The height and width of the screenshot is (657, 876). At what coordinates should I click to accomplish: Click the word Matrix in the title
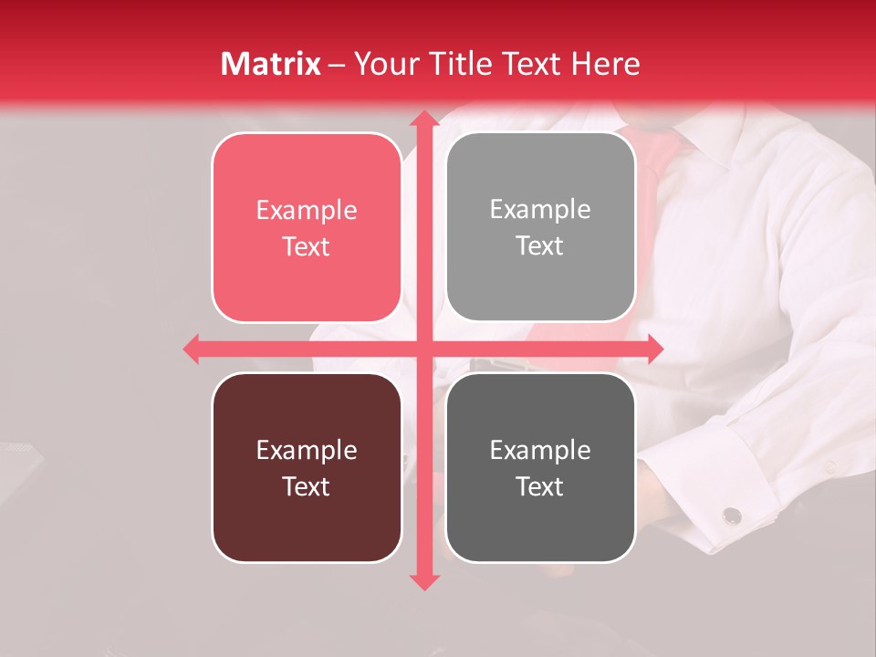(x=271, y=64)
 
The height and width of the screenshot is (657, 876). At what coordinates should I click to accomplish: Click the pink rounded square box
(x=307, y=227)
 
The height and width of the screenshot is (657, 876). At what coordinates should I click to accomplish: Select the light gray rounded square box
(x=540, y=227)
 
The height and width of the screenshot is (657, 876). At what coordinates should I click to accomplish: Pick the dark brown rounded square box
(x=307, y=467)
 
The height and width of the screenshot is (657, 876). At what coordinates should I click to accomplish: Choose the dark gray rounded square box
(x=540, y=467)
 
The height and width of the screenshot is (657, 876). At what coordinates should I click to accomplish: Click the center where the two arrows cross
(x=423, y=349)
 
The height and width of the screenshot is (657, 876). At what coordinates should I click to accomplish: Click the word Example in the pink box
(x=307, y=210)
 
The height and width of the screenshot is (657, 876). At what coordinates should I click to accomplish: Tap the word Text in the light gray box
(x=540, y=245)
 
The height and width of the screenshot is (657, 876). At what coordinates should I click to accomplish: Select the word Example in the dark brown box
(x=307, y=450)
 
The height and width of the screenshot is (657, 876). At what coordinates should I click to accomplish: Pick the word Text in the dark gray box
(x=540, y=486)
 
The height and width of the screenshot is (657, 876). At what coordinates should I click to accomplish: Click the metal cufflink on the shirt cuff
(x=732, y=516)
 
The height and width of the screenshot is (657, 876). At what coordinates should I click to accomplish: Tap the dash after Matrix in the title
(x=337, y=65)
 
